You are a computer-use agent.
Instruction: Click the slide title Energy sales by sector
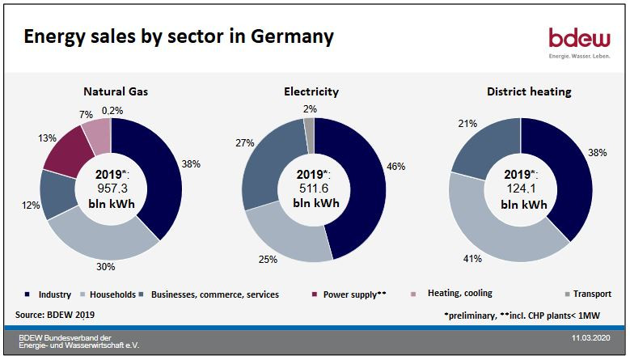178,37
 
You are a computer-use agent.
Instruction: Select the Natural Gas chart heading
116,91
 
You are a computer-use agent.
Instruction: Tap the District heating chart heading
528,91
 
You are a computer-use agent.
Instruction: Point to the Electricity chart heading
311,91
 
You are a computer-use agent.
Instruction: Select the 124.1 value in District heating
522,190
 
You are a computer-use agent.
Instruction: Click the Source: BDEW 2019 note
54,313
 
